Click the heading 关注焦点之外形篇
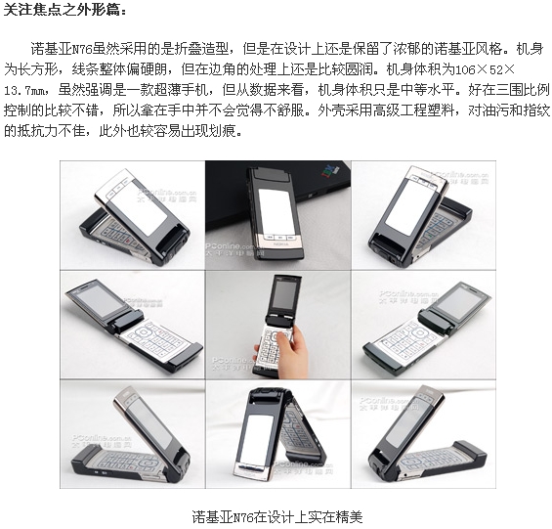pos(65,10)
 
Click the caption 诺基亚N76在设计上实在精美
pos(277,516)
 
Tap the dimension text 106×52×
pos(485,70)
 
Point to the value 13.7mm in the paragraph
pos(24,91)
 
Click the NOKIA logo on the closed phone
pos(281,244)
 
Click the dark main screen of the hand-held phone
pos(285,293)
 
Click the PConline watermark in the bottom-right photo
pos(389,404)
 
